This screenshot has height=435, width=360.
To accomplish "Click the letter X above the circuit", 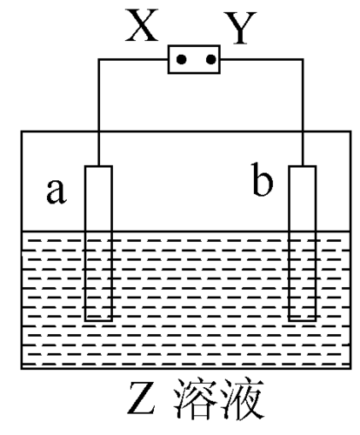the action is [142, 25].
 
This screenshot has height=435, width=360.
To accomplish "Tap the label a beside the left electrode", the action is [57, 191].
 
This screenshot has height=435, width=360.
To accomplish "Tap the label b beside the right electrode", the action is [262, 179].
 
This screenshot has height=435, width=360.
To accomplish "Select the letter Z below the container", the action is [141, 398].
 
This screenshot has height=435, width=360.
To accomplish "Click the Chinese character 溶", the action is [195, 398].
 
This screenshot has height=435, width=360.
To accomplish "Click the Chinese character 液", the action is [242, 398].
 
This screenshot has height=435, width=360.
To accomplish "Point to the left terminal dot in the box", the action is [182, 59].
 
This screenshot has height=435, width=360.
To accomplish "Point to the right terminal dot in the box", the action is [211, 59].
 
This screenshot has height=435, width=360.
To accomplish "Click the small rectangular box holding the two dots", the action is [194, 46].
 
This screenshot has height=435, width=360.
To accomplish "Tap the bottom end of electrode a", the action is [98, 320].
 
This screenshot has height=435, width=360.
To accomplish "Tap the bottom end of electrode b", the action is [303, 320].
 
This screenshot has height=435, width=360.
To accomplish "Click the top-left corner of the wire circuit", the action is [98, 59].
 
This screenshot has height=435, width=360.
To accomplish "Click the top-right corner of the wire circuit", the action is [303, 59].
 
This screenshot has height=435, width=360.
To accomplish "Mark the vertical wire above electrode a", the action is [98, 112].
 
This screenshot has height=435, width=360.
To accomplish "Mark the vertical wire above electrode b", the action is [303, 112].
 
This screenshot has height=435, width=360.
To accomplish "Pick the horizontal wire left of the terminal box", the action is [133, 59].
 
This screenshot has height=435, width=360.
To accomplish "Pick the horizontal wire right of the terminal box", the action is [262, 59].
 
